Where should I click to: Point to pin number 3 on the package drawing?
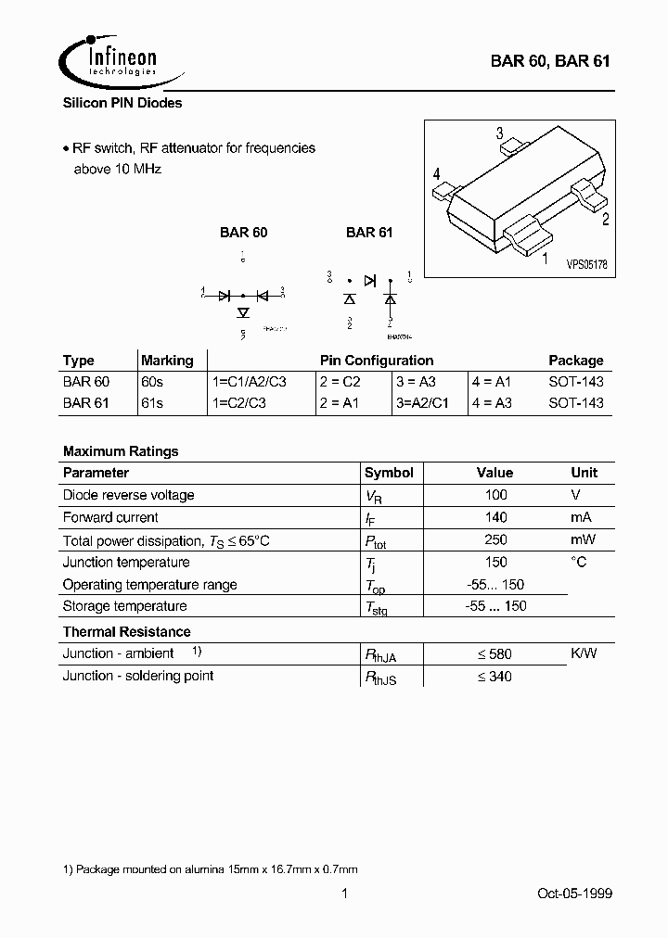point(499,133)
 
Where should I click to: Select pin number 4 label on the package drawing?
point(436,174)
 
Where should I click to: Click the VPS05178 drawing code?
point(586,264)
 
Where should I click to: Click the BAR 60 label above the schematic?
point(243,233)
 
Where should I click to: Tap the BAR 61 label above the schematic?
point(369,233)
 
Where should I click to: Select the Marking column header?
point(167,361)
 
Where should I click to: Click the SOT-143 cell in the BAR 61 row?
point(575,403)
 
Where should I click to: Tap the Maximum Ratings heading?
point(121,451)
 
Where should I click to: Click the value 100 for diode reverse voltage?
point(496,495)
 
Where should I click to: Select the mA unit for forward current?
point(582,517)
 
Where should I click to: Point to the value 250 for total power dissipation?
point(496,539)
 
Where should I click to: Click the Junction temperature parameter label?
point(126,562)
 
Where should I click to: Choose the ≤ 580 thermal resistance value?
point(495,653)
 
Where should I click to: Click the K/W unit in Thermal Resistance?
point(584,653)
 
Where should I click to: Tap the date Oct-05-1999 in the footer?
point(574,894)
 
